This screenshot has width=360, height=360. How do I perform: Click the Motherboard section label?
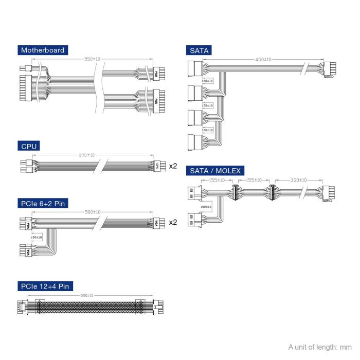43,50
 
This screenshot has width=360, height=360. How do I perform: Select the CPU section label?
29,147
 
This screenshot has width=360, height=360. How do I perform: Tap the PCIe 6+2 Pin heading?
43,204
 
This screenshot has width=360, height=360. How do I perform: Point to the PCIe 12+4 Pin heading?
45,286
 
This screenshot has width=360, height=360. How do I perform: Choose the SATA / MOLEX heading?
215,171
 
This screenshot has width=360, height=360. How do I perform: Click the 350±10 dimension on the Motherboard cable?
93,59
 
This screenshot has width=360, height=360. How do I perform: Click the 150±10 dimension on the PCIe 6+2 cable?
37,238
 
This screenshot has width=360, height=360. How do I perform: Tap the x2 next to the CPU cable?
173,166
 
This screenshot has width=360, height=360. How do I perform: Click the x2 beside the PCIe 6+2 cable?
173,223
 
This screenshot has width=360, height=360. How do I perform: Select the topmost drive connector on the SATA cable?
195,68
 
